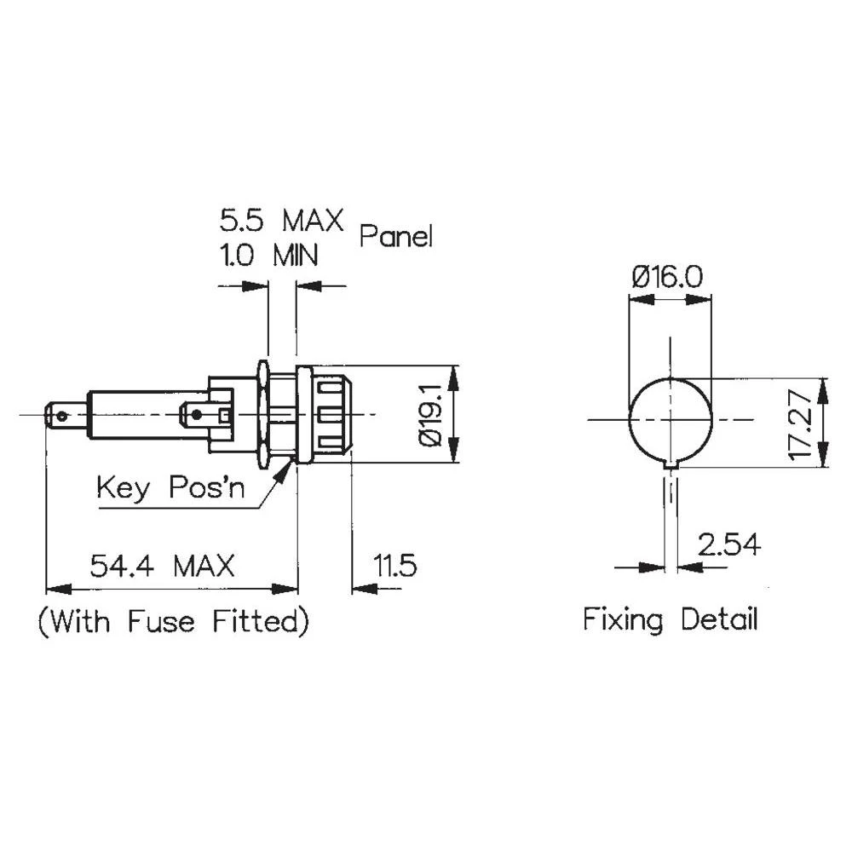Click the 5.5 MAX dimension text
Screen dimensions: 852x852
tap(281, 221)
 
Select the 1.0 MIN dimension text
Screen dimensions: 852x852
tap(269, 255)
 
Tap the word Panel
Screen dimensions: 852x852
tap(395, 236)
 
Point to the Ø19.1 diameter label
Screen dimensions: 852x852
tap(430, 414)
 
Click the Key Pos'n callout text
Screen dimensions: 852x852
tap(170, 488)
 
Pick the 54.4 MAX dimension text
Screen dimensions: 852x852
tap(162, 566)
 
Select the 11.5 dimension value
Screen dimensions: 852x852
tap(394, 566)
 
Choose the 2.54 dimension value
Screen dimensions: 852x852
tap(728, 544)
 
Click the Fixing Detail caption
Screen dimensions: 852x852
tap(670, 619)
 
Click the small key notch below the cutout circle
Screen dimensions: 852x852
tap(671, 464)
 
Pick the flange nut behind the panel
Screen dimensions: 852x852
tap(263, 415)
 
